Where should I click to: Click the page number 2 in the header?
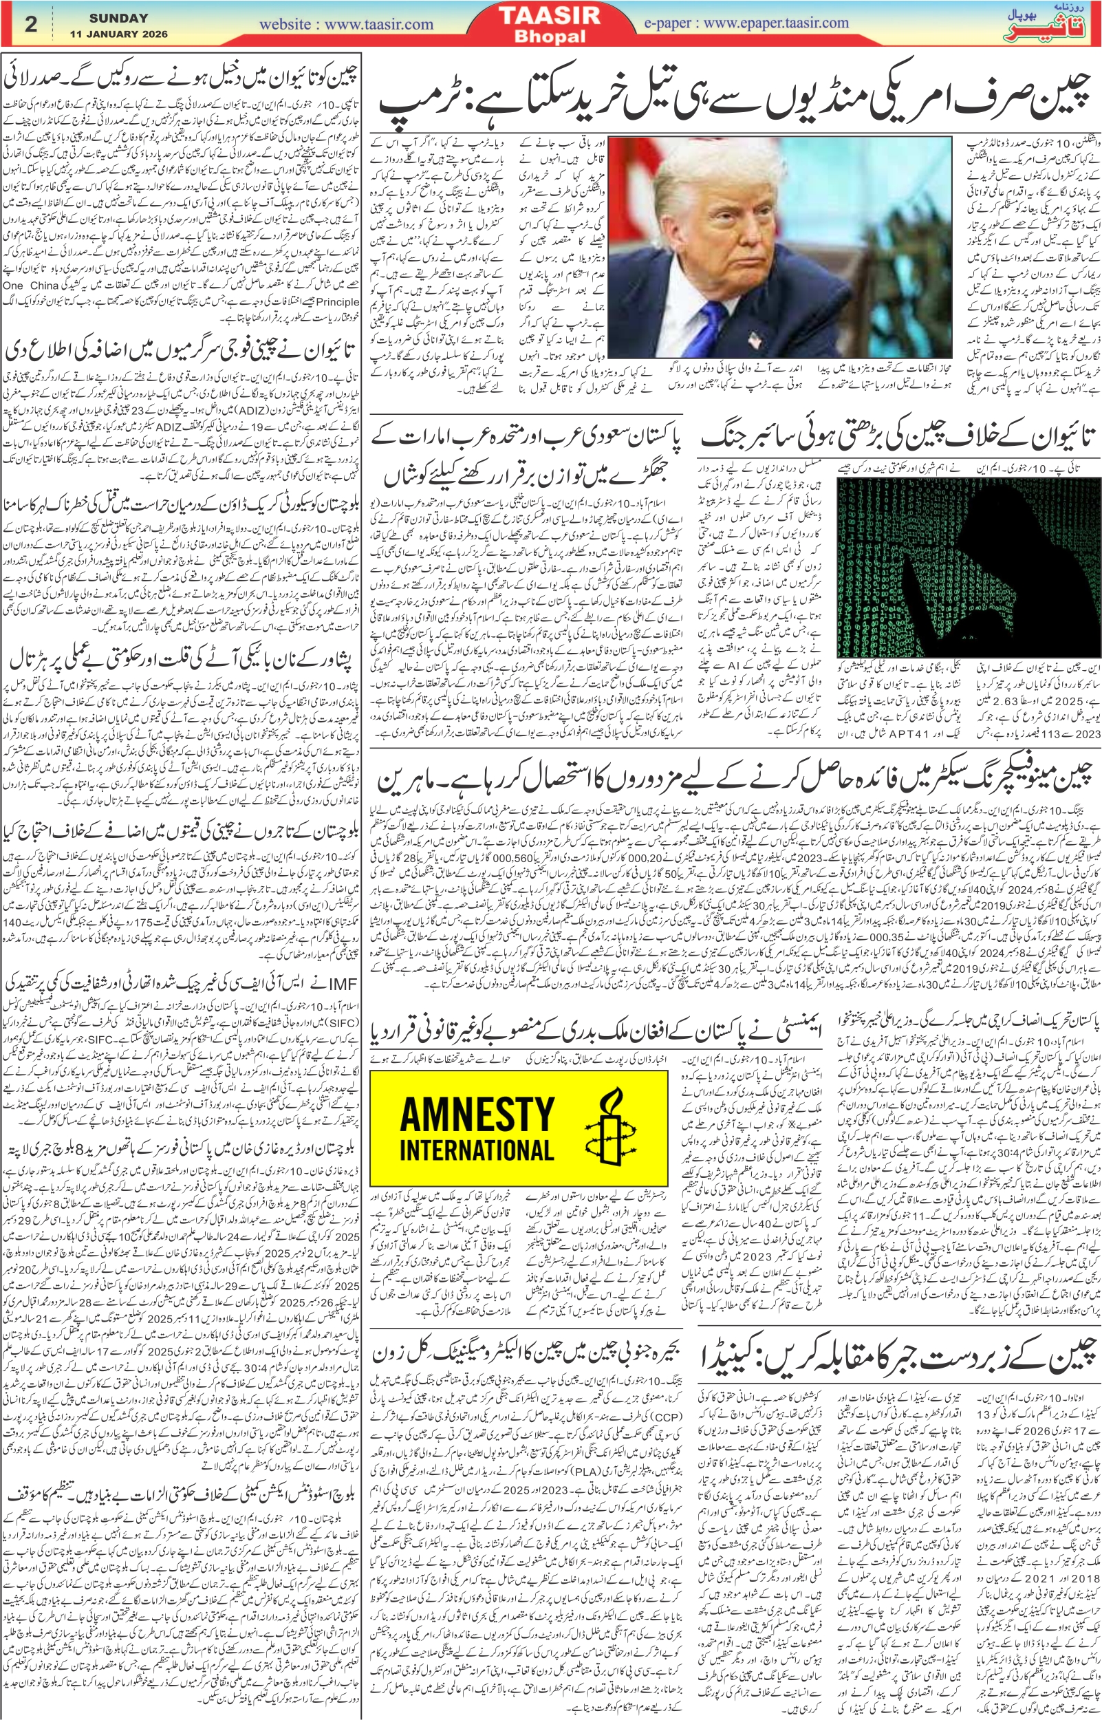30,23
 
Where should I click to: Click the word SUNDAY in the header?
119,17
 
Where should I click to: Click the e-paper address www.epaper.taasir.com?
777,22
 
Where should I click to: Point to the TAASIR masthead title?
550,17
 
